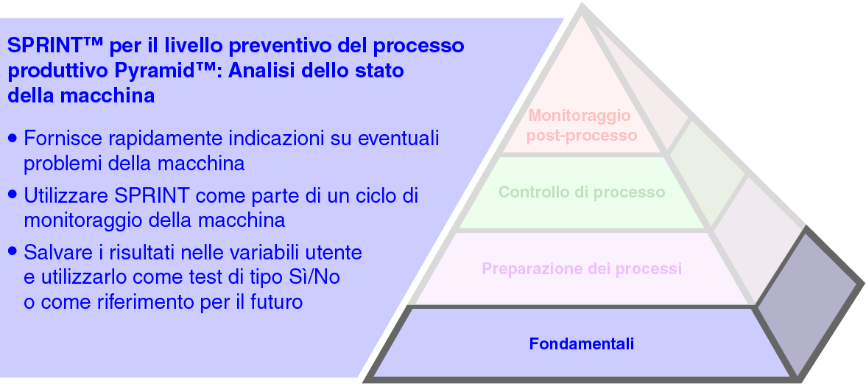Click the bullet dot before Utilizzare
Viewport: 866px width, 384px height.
click(x=13, y=195)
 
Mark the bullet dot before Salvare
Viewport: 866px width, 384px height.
click(x=13, y=251)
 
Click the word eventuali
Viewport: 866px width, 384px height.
click(x=398, y=138)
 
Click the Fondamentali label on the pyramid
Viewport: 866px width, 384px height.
click(x=582, y=343)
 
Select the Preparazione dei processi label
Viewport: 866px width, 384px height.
click(x=582, y=268)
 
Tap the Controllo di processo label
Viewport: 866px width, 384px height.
click(x=582, y=192)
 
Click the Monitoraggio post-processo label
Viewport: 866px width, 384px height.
click(x=582, y=125)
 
